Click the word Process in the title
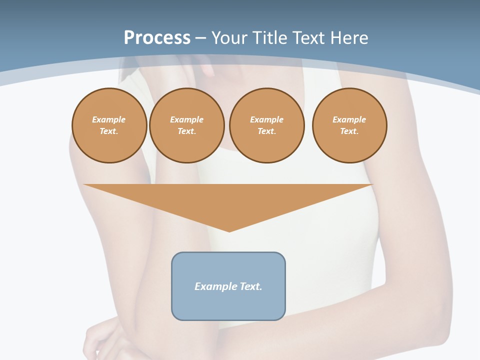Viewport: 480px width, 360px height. click(x=157, y=38)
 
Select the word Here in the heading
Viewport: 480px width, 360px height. click(x=349, y=38)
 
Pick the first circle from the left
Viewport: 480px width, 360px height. click(x=109, y=125)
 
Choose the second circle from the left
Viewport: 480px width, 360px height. click(x=187, y=125)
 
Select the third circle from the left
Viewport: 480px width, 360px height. click(x=267, y=125)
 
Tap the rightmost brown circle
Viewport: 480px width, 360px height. click(x=349, y=125)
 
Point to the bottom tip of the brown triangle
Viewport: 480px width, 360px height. click(x=229, y=230)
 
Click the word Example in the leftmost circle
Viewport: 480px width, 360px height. click(x=109, y=119)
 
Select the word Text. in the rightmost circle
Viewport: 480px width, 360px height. click(x=349, y=131)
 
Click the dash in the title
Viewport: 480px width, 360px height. click(x=200, y=38)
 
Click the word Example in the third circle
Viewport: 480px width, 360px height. click(x=267, y=119)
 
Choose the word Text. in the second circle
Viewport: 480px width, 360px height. click(x=187, y=131)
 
